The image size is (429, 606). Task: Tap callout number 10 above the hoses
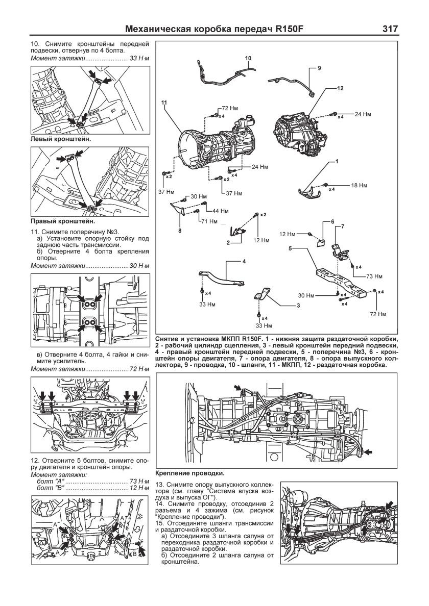pos(248,59)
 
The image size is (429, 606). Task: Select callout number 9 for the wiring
pos(319,68)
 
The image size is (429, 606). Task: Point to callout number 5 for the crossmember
pos(290,249)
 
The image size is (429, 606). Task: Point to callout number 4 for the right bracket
pos(244,261)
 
